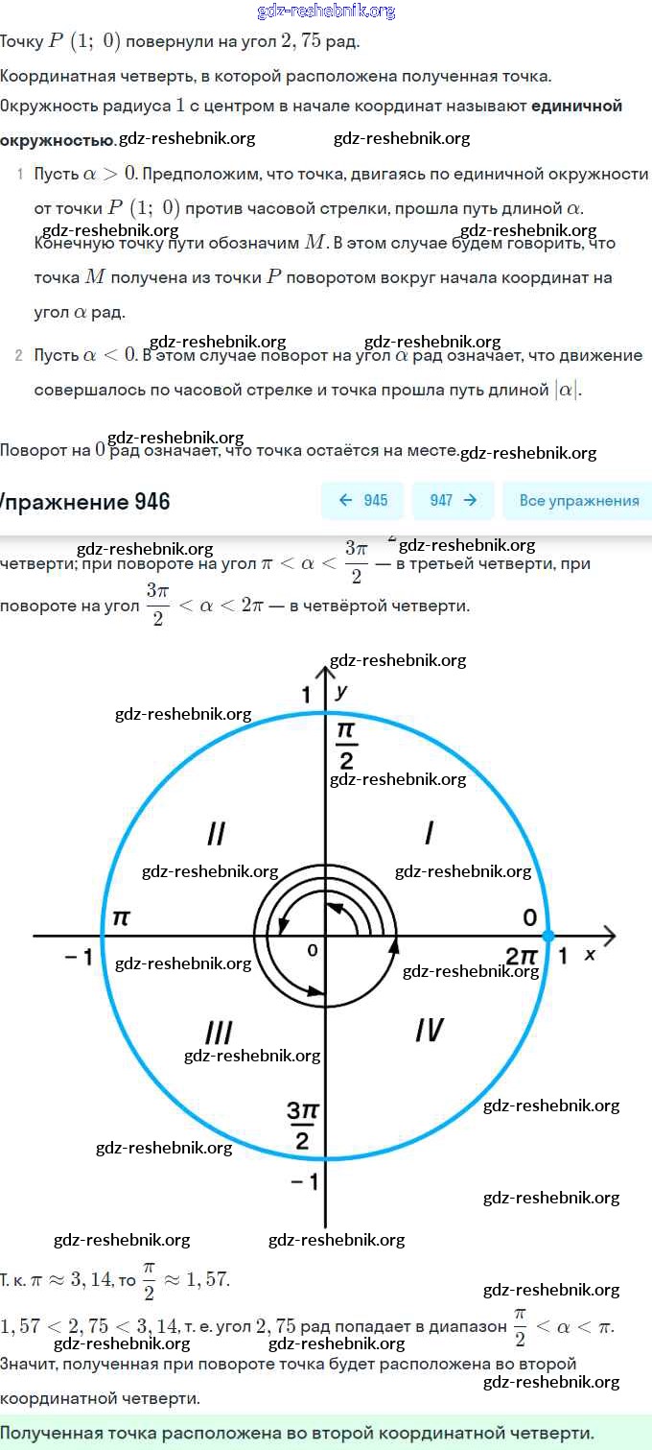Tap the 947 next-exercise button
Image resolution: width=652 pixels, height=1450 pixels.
click(453, 500)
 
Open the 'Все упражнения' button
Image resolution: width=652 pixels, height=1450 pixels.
click(578, 500)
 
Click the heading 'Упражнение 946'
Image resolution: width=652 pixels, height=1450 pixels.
click(84, 502)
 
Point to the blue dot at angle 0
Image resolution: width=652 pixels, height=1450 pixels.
click(548, 935)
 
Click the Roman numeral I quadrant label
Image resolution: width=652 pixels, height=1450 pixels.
click(429, 833)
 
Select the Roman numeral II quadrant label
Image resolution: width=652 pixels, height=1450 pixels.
click(216, 833)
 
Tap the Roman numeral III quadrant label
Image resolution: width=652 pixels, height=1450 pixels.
click(219, 1033)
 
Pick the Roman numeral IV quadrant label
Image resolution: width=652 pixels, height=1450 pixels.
click(429, 1030)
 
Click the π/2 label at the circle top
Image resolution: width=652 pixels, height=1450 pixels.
click(346, 746)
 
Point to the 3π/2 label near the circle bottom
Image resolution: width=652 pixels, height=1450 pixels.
click(303, 1125)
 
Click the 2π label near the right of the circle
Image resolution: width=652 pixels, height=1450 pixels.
click(523, 956)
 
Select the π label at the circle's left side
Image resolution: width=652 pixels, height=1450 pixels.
click(121, 917)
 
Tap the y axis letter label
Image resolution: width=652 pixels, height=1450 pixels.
click(342, 691)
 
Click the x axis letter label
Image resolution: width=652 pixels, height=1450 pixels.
click(590, 955)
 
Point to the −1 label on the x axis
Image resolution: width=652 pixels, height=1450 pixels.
click(79, 957)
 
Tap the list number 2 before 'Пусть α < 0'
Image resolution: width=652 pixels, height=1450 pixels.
click(19, 355)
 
